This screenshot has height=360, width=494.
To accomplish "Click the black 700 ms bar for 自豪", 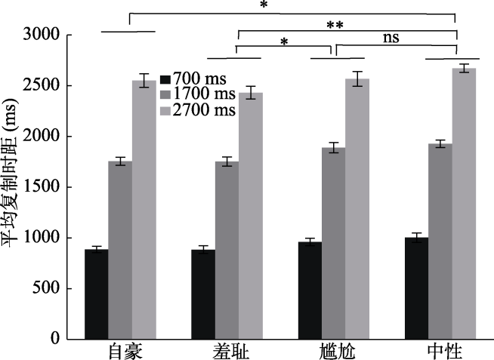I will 96,294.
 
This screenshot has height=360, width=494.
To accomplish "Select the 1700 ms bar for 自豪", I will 119,250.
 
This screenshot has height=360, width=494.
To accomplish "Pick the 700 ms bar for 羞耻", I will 202,294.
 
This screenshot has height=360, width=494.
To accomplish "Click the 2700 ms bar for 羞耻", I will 250,216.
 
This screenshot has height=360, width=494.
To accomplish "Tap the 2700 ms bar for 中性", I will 464,203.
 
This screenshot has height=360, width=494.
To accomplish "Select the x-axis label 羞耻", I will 228,351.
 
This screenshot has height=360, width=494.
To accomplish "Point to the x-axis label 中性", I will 441,351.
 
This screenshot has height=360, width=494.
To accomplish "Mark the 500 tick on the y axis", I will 45,288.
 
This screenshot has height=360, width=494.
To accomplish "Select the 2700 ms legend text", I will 204,110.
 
